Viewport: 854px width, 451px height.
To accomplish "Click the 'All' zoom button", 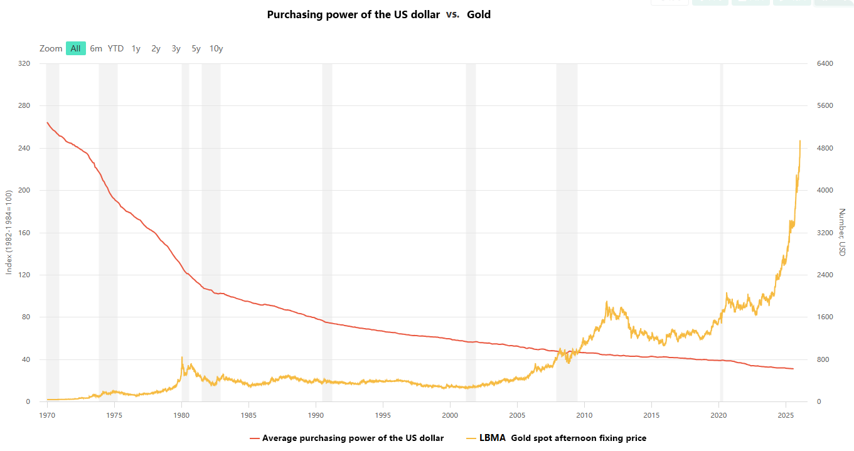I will tap(75, 48).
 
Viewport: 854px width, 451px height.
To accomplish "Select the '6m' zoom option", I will tap(96, 48).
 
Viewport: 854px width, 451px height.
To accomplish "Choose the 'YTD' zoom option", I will tap(115, 48).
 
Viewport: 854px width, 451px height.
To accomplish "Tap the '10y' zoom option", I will tap(216, 48).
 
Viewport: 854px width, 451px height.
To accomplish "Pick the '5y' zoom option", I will tap(196, 48).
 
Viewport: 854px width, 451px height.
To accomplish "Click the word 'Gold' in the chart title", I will tap(479, 14).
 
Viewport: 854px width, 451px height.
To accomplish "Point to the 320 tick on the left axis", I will tap(24, 63).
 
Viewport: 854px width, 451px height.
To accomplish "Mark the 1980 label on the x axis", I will tap(181, 415).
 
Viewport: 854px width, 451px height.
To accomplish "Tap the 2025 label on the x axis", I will tap(785, 415).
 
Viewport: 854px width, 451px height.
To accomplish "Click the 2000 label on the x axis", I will tap(450, 415).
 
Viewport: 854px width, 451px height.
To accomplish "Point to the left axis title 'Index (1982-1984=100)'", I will tap(9, 233).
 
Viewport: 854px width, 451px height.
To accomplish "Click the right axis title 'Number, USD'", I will tap(842, 232).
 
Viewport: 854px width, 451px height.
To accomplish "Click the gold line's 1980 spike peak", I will tap(182, 357).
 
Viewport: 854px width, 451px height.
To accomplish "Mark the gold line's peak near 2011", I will tap(606, 302).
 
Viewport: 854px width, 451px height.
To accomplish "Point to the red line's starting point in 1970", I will tap(47, 122).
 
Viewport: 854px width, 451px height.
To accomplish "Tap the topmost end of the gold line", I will tap(800, 141).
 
